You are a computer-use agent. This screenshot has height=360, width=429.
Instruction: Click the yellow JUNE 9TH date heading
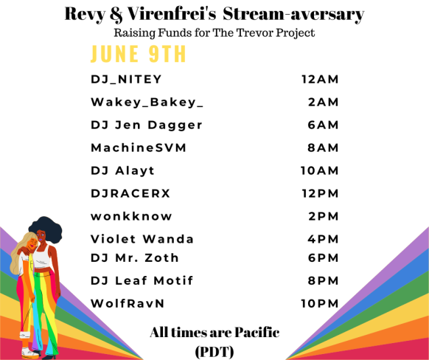click(x=138, y=54)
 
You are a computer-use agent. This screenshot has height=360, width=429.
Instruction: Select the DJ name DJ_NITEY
click(x=126, y=80)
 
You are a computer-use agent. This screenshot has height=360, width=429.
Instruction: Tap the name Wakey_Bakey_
click(x=147, y=103)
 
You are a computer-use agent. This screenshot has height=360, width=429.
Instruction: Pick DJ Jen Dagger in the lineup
click(x=147, y=125)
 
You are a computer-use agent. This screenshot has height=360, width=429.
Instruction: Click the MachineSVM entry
click(x=139, y=148)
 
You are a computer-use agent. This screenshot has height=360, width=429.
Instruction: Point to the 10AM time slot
click(x=320, y=170)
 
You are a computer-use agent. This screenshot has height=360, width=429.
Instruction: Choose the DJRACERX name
click(x=130, y=193)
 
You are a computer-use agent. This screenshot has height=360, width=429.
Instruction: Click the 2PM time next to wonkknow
click(x=324, y=216)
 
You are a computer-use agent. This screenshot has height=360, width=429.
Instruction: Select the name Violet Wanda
click(x=142, y=239)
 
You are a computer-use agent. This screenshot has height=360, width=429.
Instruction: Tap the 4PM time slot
click(x=323, y=239)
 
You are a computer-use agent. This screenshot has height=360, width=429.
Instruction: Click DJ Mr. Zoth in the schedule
click(x=135, y=258)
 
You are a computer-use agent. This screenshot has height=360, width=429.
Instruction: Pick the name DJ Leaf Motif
click(x=142, y=280)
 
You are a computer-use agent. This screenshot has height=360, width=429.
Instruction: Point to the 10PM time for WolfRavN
click(x=320, y=303)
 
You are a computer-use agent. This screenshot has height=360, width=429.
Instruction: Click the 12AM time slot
click(x=320, y=80)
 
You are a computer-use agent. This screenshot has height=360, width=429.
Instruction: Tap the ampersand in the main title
click(x=116, y=14)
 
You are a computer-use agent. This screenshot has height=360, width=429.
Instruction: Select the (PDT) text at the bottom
click(x=214, y=351)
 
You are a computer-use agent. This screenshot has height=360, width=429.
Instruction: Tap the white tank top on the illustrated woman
click(x=42, y=258)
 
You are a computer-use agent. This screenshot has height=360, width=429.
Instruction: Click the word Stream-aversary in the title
click(x=293, y=14)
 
